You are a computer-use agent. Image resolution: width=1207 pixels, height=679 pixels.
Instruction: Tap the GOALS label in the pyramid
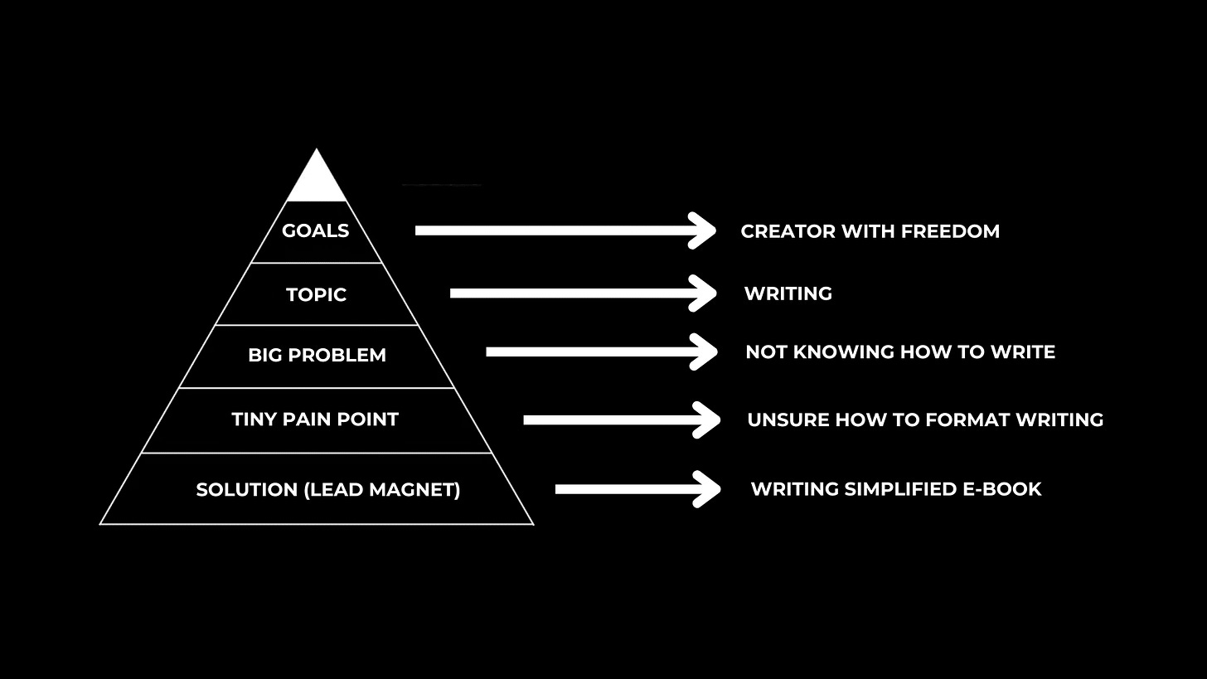coord(316,230)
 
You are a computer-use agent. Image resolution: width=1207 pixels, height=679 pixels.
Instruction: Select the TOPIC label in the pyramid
coord(316,294)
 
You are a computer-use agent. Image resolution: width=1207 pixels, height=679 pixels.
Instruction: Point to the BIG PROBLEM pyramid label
coord(317,355)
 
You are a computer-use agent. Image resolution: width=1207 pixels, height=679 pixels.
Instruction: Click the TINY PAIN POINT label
coord(315,419)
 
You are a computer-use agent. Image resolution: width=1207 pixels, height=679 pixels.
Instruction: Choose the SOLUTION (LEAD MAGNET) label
coord(327,489)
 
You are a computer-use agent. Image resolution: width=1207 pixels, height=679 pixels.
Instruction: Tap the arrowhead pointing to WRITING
coord(705,293)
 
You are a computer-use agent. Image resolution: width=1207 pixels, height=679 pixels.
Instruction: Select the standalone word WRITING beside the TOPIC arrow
coord(788,293)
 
